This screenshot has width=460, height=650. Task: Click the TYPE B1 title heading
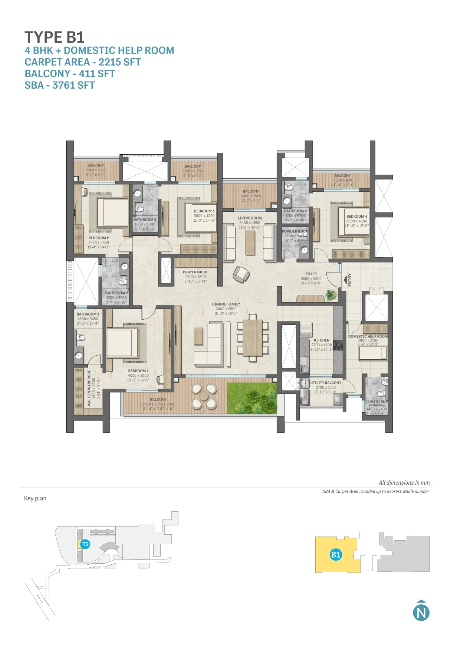(55, 37)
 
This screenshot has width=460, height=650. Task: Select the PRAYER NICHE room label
(195, 272)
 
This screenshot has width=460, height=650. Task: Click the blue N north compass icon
(421, 612)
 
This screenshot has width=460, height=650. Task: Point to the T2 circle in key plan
(85, 544)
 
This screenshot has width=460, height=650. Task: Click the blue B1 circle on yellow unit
(336, 555)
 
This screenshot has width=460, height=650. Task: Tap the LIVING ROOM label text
(250, 218)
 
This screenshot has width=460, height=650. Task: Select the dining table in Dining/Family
(253, 337)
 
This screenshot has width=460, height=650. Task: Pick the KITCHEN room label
(321, 340)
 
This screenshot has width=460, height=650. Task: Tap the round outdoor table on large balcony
(204, 396)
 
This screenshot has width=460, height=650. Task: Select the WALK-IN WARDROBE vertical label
(89, 387)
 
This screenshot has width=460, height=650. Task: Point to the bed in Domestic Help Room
(372, 353)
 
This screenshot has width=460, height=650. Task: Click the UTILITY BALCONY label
(326, 383)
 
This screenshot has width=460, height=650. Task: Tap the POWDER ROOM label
(295, 231)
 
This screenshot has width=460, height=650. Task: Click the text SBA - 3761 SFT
(60, 85)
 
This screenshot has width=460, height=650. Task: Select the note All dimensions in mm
(404, 483)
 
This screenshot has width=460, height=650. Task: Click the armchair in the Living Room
(241, 274)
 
